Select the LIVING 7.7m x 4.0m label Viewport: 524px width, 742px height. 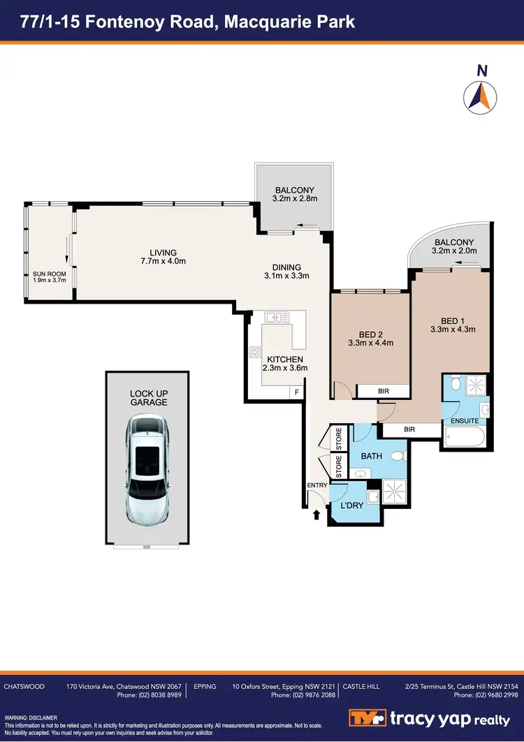[163, 257]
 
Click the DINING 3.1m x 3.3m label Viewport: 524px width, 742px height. [282, 271]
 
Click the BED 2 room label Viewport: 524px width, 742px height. [370, 338]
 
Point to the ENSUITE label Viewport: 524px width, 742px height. [465, 421]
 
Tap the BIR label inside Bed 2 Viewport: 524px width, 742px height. [382, 392]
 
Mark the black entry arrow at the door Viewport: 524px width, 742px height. [316, 515]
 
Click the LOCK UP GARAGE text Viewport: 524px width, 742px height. [147, 398]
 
